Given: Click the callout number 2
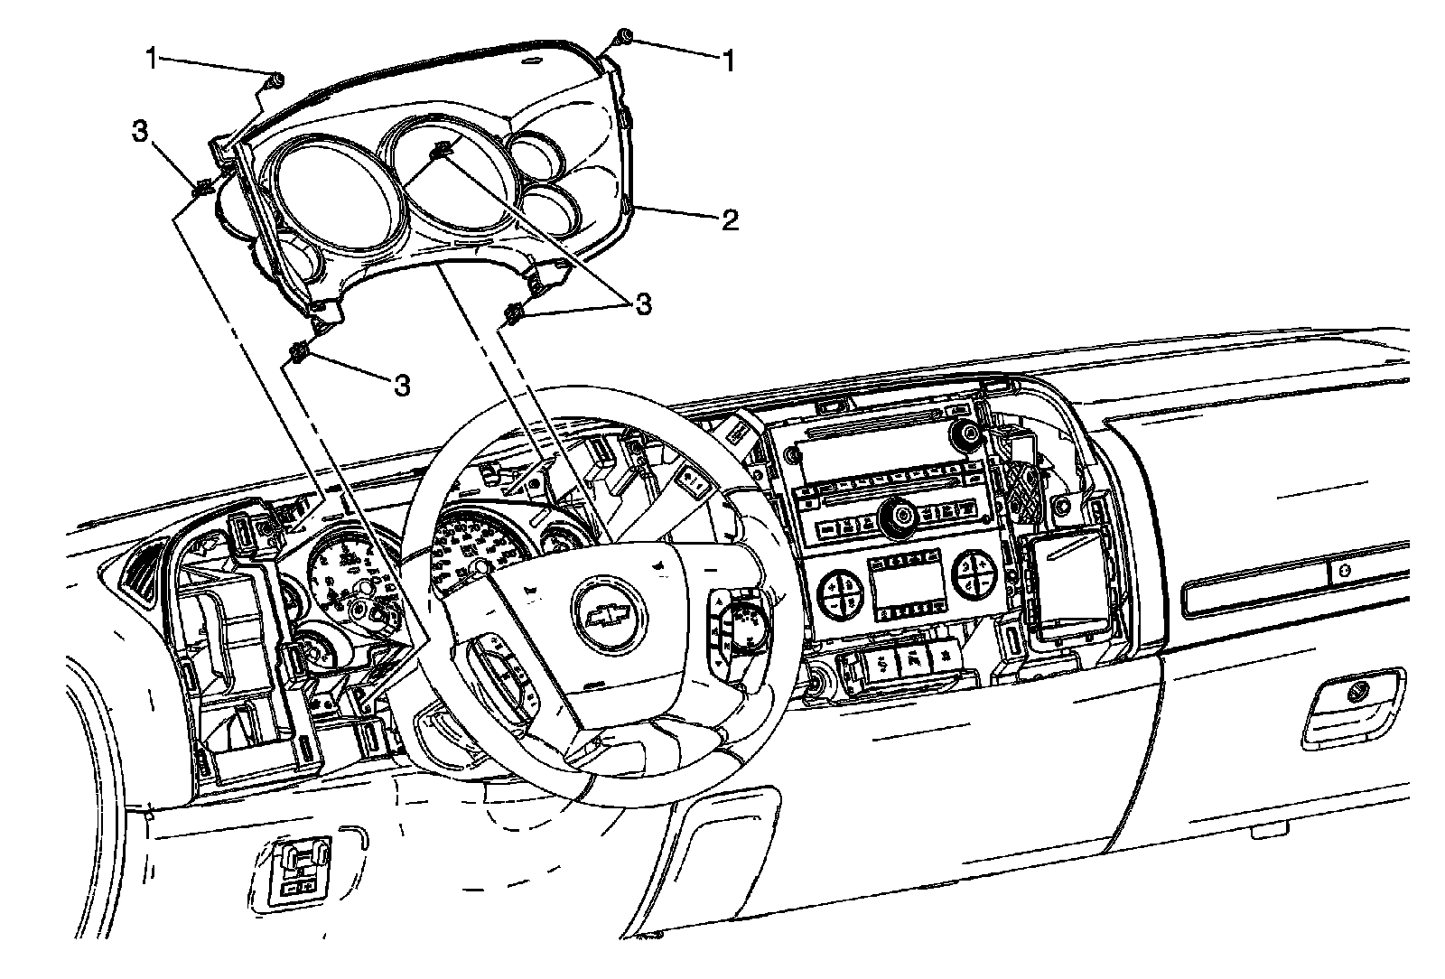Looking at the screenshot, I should (730, 219).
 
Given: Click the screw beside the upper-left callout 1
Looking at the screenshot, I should (275, 82).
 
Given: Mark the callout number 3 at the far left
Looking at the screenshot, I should (139, 131).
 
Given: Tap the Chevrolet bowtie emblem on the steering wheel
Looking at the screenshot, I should (610, 614).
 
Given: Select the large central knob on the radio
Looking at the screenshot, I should (900, 517).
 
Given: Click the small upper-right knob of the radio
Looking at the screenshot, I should (968, 434).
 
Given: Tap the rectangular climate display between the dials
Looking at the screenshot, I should (903, 587).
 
